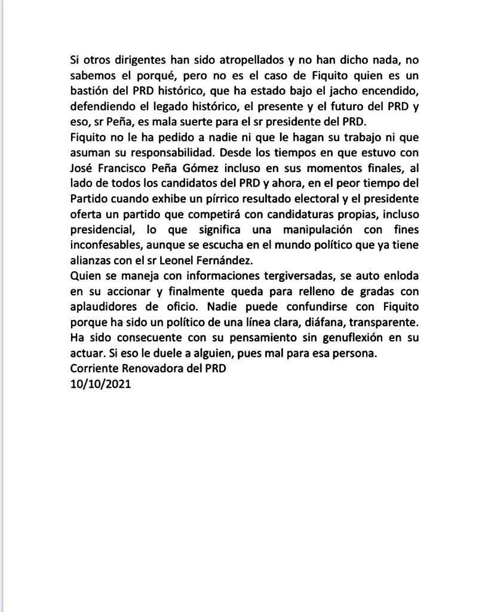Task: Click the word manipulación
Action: [314, 229]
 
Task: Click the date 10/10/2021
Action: [100, 384]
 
